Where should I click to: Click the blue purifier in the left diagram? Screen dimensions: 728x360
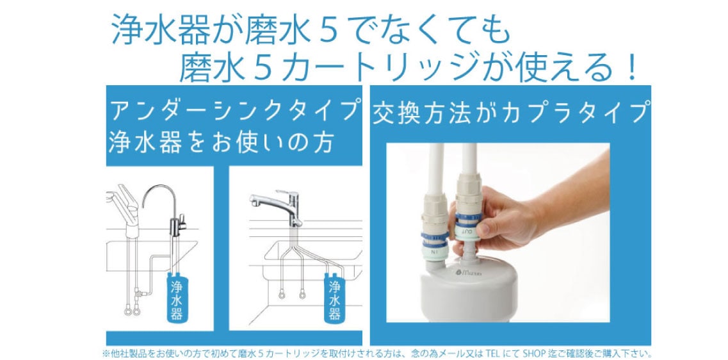coord(177,297)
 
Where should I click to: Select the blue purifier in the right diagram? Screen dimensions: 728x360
coord(334,297)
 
